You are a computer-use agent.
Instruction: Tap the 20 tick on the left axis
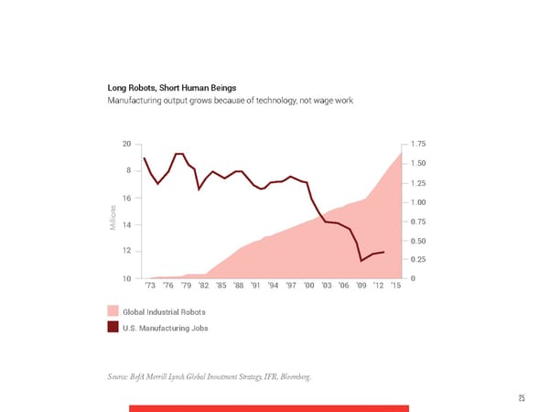[x=125, y=144]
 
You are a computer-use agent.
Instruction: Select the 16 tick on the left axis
[x=125, y=198]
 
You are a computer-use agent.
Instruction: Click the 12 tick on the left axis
[x=125, y=251]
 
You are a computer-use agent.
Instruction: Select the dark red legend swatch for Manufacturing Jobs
[x=113, y=327]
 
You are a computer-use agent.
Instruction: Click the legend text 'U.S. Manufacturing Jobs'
[x=164, y=327]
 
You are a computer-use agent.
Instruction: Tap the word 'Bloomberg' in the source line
[x=304, y=376]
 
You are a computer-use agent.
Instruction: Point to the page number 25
[x=521, y=397]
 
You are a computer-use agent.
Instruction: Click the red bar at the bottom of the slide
[x=268, y=407]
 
